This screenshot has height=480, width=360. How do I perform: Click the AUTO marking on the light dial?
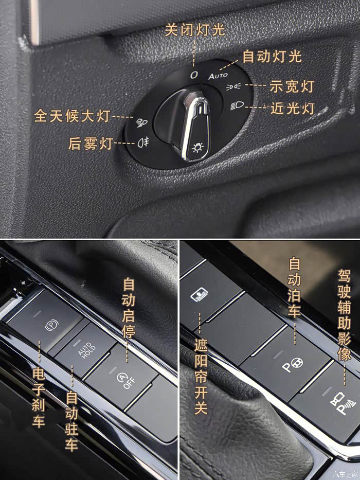(218, 76)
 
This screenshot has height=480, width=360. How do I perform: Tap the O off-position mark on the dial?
(194, 75)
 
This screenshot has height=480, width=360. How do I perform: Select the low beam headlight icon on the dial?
(237, 106)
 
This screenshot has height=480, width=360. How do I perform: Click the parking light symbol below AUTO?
(233, 87)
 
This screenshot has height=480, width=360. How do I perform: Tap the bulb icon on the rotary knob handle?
(197, 148)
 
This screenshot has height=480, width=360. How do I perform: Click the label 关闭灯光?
(195, 30)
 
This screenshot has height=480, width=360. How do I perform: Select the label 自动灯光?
(272, 57)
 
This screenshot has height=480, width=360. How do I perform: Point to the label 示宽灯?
(292, 86)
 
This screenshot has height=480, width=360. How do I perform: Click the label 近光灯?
(292, 109)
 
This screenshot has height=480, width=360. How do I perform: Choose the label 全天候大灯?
(72, 116)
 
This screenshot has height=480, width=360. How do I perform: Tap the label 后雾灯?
(91, 143)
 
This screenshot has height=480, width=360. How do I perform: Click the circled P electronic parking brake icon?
(51, 326)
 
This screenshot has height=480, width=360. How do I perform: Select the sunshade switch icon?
(200, 294)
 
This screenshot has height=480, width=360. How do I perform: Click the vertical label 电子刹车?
(39, 398)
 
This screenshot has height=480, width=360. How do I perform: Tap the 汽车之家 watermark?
(345, 474)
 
